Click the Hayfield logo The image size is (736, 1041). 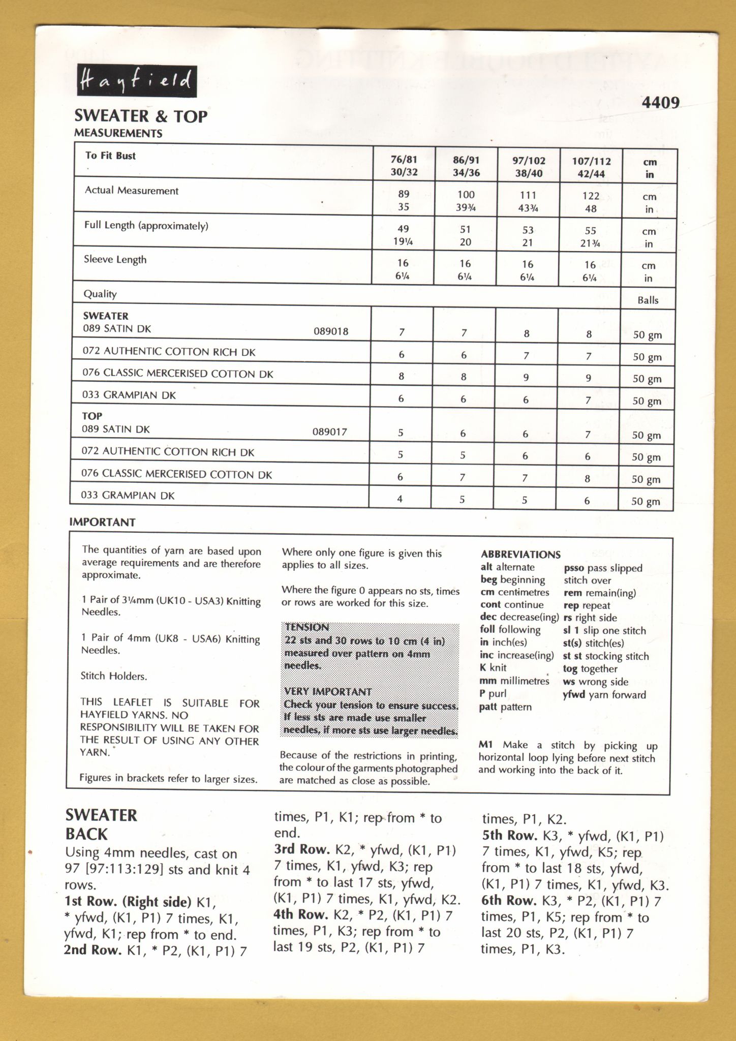click(x=137, y=81)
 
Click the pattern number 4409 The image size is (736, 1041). click(x=660, y=103)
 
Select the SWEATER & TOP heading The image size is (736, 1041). click(x=141, y=116)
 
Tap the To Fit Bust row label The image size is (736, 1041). click(x=110, y=156)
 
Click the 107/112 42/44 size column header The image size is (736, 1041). click(x=591, y=167)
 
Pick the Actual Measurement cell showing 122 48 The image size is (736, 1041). click(x=590, y=202)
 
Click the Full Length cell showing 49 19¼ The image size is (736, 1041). click(x=403, y=235)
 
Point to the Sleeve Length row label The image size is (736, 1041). click(x=115, y=260)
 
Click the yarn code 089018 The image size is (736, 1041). click(x=331, y=332)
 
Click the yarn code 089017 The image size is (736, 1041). click(x=329, y=432)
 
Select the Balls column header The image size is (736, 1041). click(x=648, y=300)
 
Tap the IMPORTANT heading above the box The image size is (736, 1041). click(x=102, y=523)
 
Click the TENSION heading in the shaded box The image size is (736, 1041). click(x=306, y=627)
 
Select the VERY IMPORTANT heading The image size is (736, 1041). click(x=328, y=692)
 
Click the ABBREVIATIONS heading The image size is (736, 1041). click(x=520, y=555)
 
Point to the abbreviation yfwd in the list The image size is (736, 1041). click(x=574, y=695)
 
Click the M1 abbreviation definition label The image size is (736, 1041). click(x=485, y=745)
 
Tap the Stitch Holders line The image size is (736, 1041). click(x=114, y=676)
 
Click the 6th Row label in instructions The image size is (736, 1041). click(x=509, y=901)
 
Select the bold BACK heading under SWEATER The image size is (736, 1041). click(x=86, y=834)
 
